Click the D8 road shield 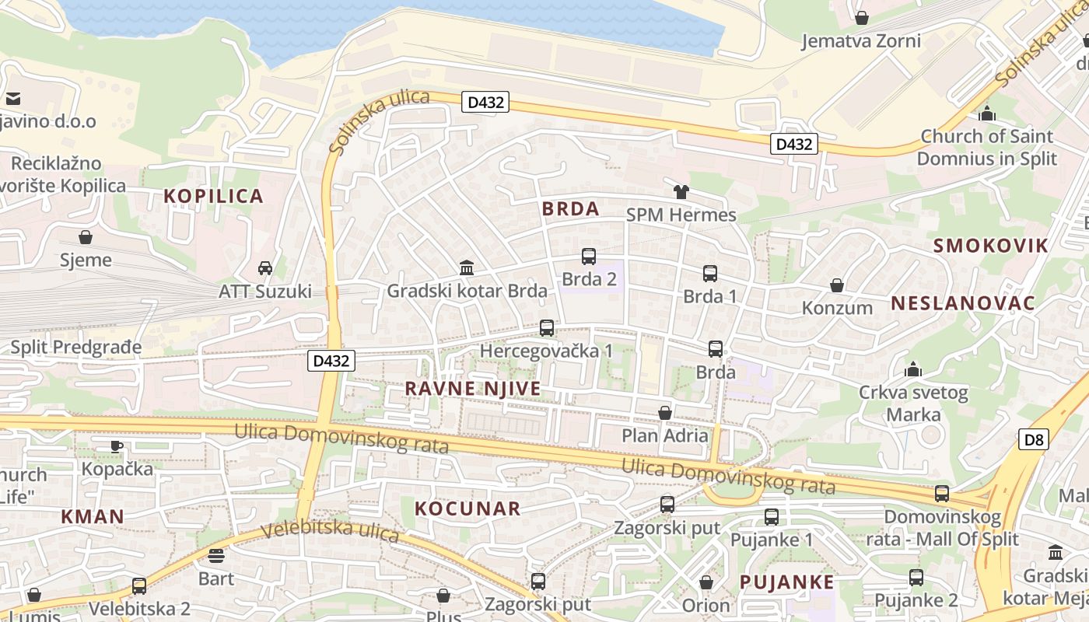pos(1033,439)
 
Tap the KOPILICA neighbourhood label pos(214,196)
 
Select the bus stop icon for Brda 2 pos(589,256)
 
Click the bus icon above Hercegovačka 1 pos(547,328)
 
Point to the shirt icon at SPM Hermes pos(681,192)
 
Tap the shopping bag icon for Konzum pos(837,285)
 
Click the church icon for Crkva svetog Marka pos(913,369)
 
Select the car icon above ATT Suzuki pos(265,268)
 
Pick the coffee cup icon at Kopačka pos(116,446)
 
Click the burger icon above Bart pos(216,555)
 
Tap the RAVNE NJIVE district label pos(473,388)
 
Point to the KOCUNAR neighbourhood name pos(467,508)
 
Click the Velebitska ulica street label pos(331,531)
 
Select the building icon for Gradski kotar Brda pos(467,268)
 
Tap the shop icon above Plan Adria pos(665,413)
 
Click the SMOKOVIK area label pos(991,246)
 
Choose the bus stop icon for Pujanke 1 pos(772,516)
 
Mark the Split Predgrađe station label pos(76,347)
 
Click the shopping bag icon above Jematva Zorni pos(861,17)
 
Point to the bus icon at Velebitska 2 pos(139,585)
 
